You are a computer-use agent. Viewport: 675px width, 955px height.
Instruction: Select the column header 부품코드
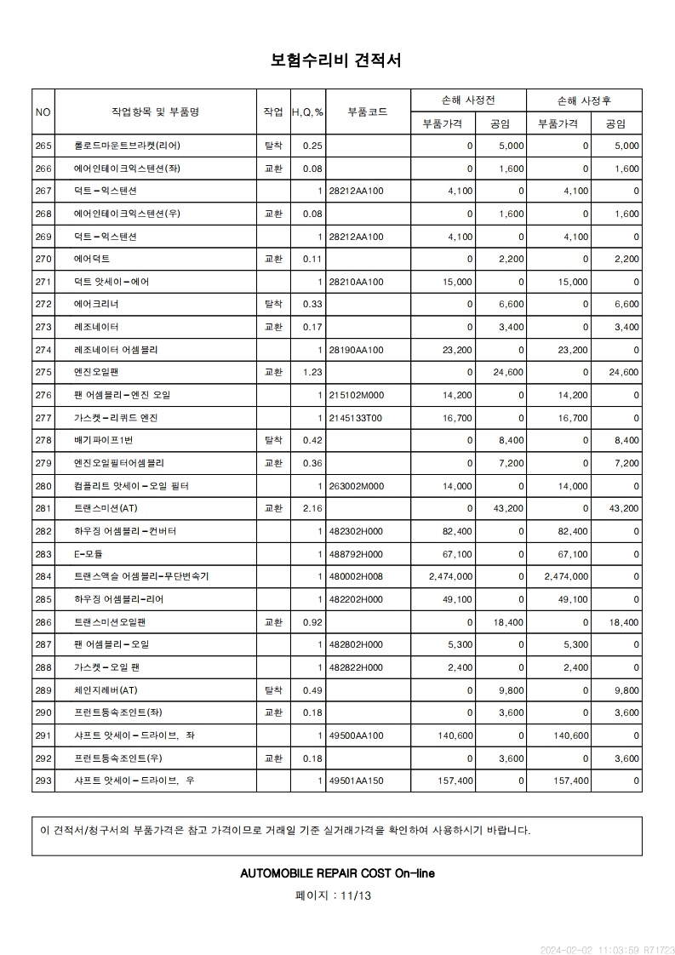coord(368,112)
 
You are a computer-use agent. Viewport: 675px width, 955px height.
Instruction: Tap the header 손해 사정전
coord(468,100)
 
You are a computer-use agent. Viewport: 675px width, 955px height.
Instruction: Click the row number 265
coord(43,146)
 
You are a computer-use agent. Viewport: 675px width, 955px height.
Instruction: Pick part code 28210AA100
coord(356,282)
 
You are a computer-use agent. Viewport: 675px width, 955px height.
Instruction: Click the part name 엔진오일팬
coord(98,372)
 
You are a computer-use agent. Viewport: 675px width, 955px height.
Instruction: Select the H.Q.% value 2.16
coord(312,508)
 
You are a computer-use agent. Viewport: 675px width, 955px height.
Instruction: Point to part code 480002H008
coord(356,576)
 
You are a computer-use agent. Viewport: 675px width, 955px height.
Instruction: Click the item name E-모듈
coord(89,554)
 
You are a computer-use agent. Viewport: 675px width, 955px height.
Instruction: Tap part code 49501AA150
coord(356,781)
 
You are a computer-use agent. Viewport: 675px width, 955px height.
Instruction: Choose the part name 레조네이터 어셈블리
coord(116,350)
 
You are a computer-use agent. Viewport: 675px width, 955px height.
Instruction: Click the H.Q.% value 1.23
coord(312,372)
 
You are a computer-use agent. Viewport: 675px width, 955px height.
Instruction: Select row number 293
coord(43,781)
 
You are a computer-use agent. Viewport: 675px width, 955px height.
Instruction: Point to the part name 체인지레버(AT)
coord(105,690)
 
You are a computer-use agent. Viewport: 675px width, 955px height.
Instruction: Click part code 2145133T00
coord(356,418)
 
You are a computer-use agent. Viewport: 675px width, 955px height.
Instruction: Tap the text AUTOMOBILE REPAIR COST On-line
coord(337,873)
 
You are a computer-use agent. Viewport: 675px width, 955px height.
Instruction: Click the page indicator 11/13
coord(356,895)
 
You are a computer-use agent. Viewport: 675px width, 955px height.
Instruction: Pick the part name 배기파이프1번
coord(103,440)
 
